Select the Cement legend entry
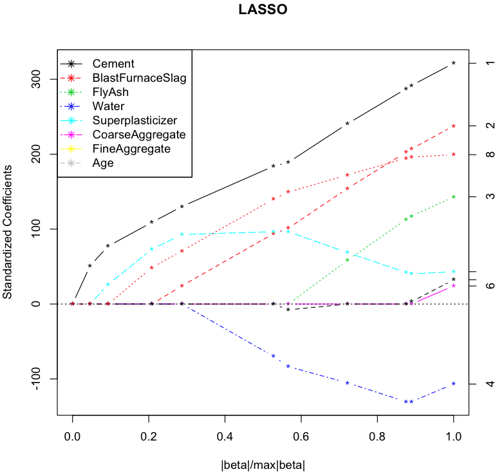coord(113,64)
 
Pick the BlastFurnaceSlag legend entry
coord(139,78)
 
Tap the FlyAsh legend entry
coord(110,92)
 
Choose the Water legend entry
coord(108,106)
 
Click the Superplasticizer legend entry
coord(135,120)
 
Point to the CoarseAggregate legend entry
coord(139,135)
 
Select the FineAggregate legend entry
coord(131,149)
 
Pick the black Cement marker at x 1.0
coord(454,63)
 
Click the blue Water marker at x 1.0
coord(454,384)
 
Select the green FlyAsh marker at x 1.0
coord(454,196)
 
